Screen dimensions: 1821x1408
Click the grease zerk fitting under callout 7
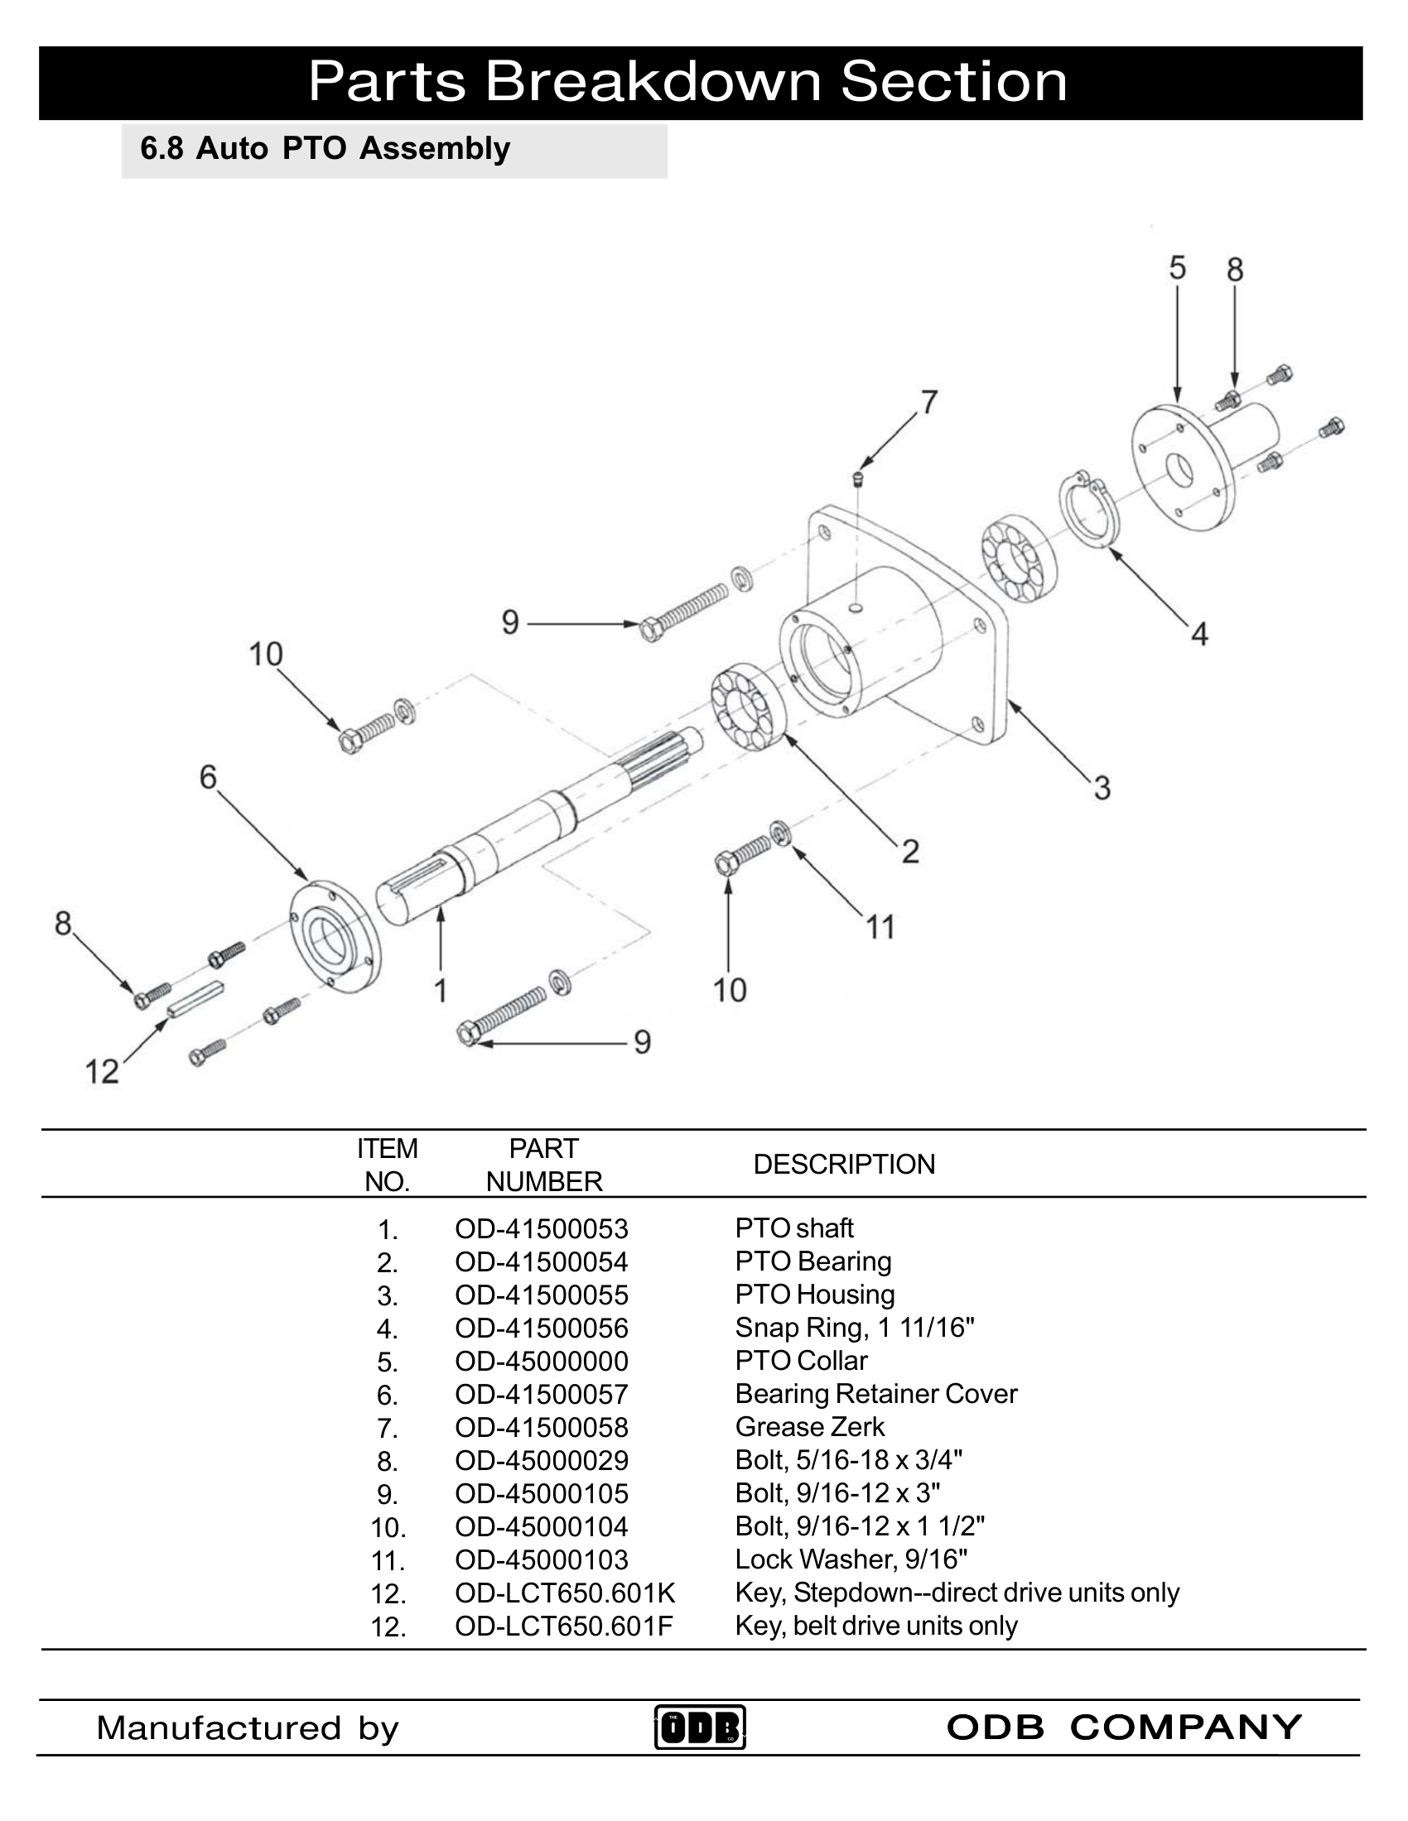(857, 478)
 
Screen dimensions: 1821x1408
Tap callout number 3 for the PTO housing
(1102, 788)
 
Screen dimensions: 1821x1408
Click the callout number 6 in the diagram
(208, 777)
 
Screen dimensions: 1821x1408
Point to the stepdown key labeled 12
(195, 997)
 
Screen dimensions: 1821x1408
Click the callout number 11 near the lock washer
(880, 927)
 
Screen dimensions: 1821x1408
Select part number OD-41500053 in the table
(542, 1229)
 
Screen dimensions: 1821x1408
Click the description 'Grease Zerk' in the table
(809, 1428)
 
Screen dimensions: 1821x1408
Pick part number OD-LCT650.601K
(565, 1593)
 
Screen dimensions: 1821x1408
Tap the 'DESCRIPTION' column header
(843, 1165)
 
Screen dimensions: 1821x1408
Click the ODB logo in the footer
(699, 1727)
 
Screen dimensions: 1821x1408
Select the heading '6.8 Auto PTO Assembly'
(325, 149)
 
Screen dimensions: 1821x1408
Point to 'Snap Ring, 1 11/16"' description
(854, 1328)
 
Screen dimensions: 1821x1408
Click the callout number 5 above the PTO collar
(1177, 268)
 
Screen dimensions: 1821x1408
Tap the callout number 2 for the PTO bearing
(910, 851)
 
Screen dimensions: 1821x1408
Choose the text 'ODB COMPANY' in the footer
(1124, 1727)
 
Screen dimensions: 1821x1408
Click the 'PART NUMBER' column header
(544, 1165)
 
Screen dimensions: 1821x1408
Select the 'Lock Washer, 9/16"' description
(851, 1559)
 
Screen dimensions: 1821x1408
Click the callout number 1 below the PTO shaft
(441, 990)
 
